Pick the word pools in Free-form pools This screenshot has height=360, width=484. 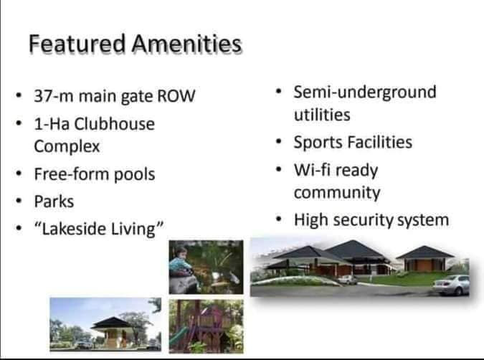click(135, 174)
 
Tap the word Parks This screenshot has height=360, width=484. click(54, 202)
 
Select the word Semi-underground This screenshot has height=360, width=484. click(364, 93)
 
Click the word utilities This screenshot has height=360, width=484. click(322, 115)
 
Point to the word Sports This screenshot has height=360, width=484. click(316, 142)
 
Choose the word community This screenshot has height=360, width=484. click(336, 193)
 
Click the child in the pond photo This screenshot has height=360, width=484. click(181, 259)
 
